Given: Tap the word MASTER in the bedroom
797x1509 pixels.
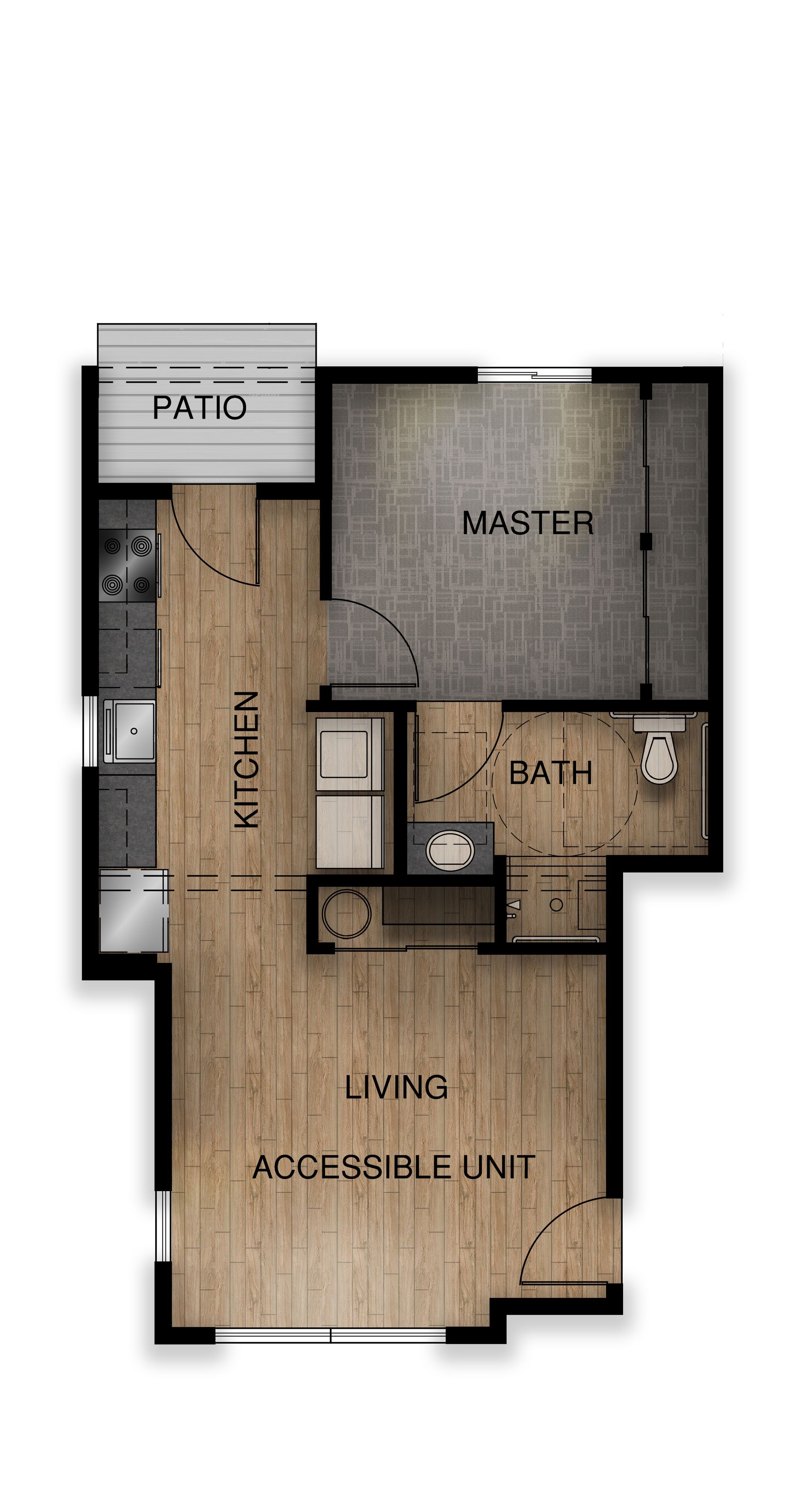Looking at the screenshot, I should click(528, 523).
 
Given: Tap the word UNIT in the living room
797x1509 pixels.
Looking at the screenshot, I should click(499, 1167).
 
